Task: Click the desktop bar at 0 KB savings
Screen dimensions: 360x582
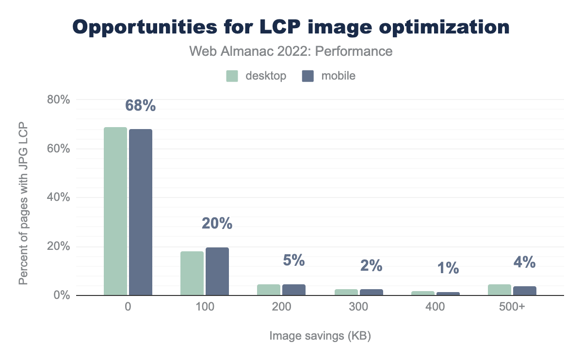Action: [x=115, y=211]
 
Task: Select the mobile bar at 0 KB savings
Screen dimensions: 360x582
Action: [x=141, y=212]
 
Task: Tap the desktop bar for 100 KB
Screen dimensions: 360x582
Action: [x=192, y=273]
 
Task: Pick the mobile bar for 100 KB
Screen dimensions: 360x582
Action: [x=217, y=271]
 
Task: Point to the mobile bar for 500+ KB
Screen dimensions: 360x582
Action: [x=525, y=291]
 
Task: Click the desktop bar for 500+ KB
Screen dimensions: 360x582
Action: [x=500, y=290]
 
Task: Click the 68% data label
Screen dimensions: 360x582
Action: [x=141, y=106]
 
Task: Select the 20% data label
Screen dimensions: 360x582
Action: [x=217, y=224]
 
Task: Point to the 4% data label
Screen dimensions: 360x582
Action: [x=524, y=262]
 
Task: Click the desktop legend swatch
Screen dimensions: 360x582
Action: [x=233, y=76]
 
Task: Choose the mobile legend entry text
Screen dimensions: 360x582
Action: [x=338, y=76]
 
